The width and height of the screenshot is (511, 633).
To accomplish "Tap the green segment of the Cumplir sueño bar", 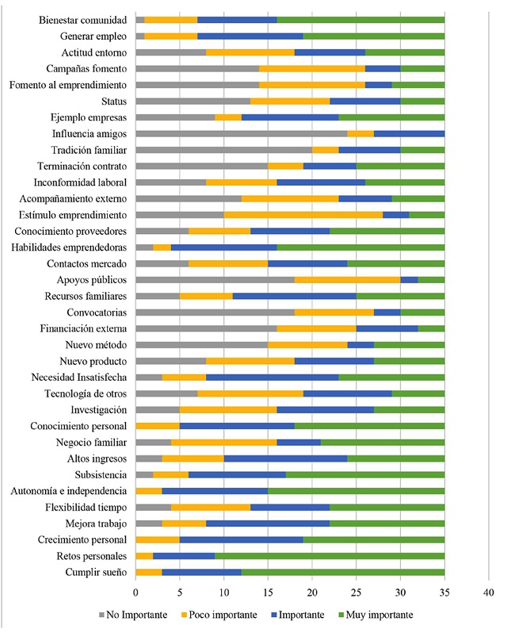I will (343, 572).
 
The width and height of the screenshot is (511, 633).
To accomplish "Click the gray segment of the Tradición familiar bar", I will (223, 149).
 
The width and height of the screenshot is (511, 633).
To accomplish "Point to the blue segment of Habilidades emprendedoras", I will (223, 247).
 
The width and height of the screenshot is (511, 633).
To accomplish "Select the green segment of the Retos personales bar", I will (330, 555).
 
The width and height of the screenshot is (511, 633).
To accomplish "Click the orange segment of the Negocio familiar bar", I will (223, 442).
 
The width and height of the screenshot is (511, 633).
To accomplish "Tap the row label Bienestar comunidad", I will (82, 19).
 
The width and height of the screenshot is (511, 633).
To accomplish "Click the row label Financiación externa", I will (83, 328).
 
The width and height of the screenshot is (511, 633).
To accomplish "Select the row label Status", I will (114, 101).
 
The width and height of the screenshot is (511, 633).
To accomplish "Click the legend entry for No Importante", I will (130, 614).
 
